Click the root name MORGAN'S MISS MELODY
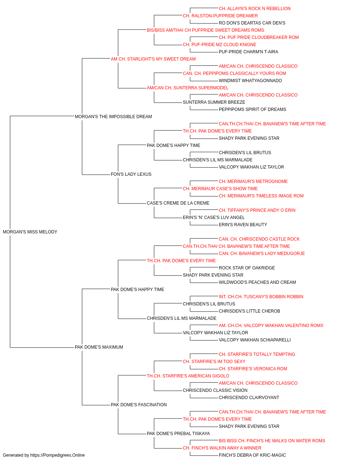(30, 232)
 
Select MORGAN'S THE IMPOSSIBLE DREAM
(113, 117)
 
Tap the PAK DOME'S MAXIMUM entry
(99, 347)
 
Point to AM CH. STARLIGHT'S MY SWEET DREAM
(153, 59)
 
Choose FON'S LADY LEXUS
(131, 174)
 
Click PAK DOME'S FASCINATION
(139, 405)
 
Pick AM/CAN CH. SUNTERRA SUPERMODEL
(188, 88)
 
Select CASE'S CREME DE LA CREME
(178, 203)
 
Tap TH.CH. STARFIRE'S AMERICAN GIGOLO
(188, 376)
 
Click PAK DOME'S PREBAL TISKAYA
(178, 434)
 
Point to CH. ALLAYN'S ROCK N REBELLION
(255, 9)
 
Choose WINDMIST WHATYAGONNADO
(250, 81)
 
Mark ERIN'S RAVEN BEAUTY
(243, 225)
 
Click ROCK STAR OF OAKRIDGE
(247, 268)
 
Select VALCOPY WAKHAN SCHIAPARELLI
(255, 340)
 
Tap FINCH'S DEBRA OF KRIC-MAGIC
(252, 455)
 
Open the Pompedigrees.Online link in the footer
(57, 455)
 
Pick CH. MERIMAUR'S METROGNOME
(253, 182)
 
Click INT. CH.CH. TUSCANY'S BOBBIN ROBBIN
(261, 297)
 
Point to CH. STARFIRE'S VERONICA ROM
(253, 369)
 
